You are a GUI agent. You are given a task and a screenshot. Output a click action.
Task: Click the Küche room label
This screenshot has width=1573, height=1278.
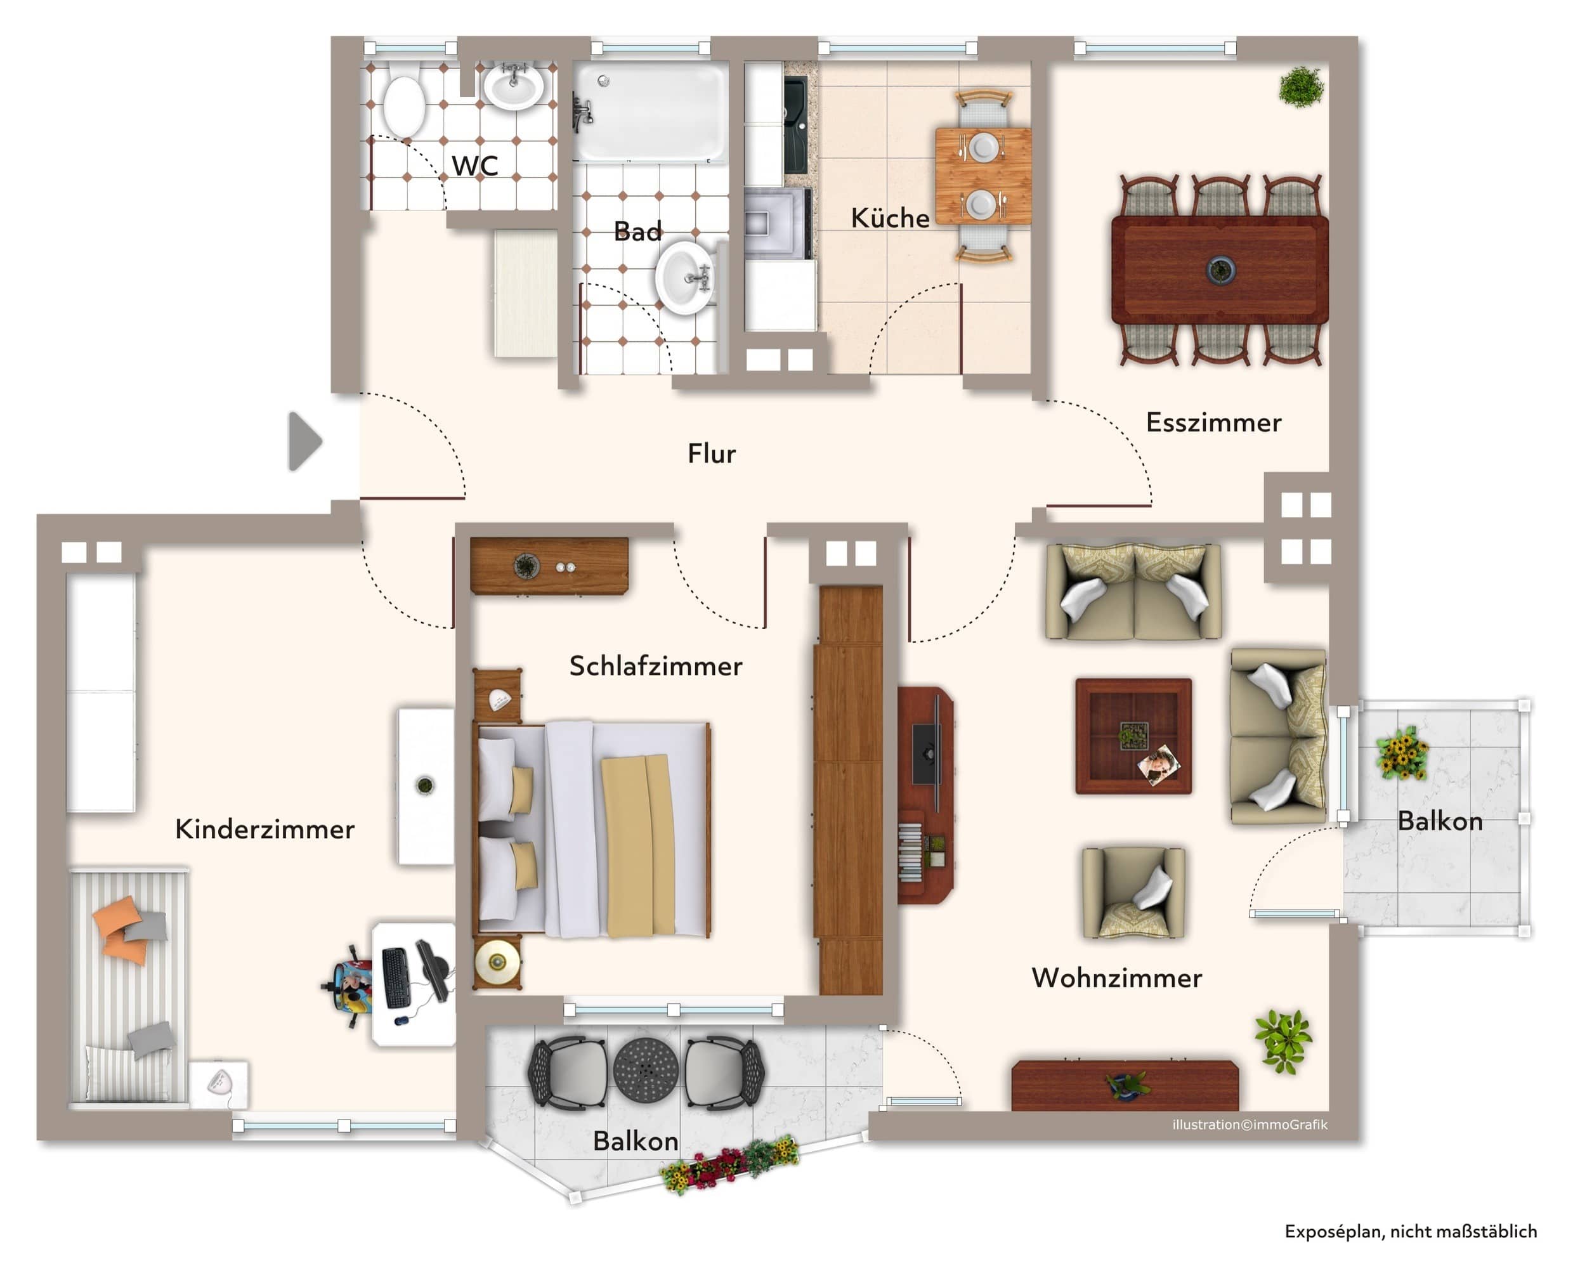tap(890, 218)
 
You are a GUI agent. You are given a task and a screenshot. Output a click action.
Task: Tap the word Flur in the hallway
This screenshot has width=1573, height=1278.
tap(711, 453)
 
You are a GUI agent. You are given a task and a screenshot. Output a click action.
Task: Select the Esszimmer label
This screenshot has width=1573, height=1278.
tap(1213, 422)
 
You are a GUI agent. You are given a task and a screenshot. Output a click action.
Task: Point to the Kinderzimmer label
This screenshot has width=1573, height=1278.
tap(264, 829)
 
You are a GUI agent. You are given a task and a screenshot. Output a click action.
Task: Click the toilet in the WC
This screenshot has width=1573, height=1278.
tap(403, 101)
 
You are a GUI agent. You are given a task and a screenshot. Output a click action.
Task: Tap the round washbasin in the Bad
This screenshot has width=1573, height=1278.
tap(684, 278)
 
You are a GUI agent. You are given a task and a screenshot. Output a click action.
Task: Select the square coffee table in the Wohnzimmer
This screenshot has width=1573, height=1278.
tap(1133, 736)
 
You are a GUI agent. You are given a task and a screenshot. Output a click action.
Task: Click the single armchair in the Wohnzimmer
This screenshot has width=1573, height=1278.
tap(1133, 892)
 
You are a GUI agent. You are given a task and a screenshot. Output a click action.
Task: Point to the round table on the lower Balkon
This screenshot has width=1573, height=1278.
tap(646, 1071)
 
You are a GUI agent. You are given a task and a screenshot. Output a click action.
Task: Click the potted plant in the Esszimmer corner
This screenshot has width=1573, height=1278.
tap(1301, 87)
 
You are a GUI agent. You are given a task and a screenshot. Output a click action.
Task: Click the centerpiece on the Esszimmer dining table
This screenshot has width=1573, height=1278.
tap(1220, 270)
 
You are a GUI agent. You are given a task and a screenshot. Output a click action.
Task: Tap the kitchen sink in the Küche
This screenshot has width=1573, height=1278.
tap(797, 125)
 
